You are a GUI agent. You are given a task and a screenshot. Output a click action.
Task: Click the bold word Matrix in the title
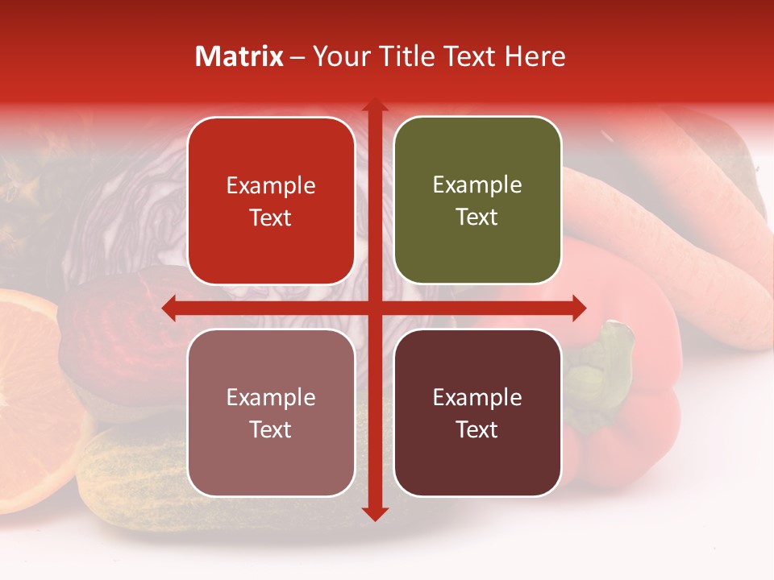239,56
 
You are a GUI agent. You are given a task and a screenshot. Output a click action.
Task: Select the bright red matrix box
271,201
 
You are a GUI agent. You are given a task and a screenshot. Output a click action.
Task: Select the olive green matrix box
477,201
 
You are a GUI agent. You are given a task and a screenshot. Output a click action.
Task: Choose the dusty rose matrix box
271,412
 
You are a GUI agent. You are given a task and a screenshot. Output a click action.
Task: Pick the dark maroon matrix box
477,412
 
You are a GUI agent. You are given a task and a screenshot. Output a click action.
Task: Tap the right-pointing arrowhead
578,308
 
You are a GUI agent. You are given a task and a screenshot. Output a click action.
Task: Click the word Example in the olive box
477,185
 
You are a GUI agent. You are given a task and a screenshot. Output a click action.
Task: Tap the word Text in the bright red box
271,218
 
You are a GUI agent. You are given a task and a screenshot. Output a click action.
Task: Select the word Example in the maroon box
477,397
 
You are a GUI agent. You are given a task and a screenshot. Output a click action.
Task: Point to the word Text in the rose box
271,430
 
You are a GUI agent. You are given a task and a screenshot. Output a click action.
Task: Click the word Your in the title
338,56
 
